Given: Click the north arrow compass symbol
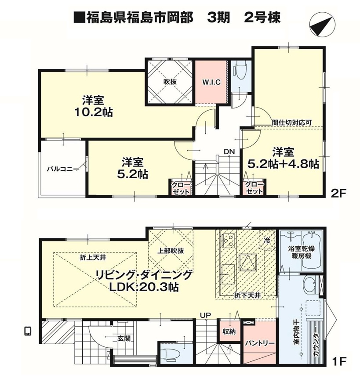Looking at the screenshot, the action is (322, 26).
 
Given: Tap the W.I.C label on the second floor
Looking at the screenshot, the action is (211, 82).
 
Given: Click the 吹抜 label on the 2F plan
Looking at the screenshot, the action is (170, 82).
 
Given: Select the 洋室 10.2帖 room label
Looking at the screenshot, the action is (94, 106).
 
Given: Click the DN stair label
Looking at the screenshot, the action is (229, 152).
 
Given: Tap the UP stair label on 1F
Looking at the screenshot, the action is (206, 315).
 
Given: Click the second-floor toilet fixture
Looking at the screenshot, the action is (240, 70).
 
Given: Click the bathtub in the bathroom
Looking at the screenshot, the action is (312, 252).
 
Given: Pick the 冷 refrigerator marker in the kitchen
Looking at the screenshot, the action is (266, 240).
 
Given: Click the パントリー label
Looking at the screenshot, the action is (260, 344).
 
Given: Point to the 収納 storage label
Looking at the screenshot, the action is (229, 331).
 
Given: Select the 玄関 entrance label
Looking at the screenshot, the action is (124, 338).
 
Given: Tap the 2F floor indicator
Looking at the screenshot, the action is (338, 194).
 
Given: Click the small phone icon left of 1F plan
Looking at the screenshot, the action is (28, 331).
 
